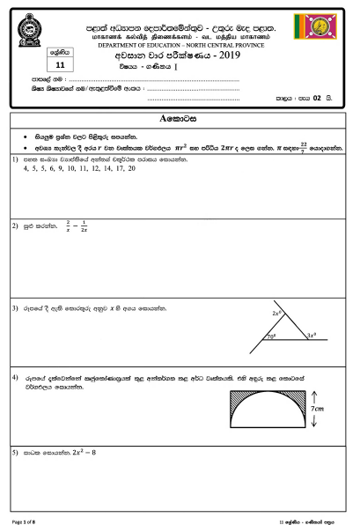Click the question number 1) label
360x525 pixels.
tap(15, 159)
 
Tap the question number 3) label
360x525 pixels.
tap(15, 309)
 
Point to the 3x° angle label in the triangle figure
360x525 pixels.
tap(312, 336)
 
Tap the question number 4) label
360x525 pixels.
tap(15, 377)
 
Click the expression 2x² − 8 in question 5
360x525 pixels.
tap(77, 453)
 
